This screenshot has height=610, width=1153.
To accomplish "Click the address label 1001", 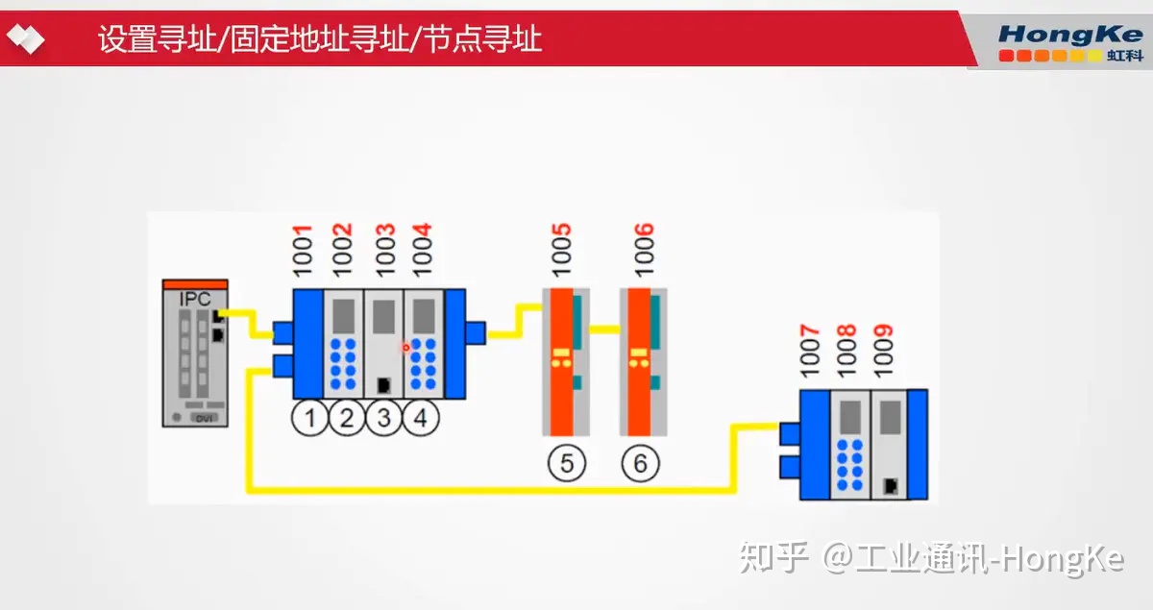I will [x=303, y=252].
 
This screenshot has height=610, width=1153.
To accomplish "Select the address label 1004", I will [x=422, y=252].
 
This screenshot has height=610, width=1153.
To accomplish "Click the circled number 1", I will [x=310, y=419].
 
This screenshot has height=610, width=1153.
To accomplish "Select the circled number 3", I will [x=384, y=419].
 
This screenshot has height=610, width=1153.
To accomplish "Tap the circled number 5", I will [x=567, y=464].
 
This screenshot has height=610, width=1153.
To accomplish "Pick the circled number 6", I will [x=641, y=464].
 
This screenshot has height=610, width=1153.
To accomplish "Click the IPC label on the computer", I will [x=195, y=299].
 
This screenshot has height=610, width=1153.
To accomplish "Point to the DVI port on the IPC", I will [x=203, y=419].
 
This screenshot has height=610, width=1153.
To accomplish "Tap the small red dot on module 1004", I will [x=406, y=346].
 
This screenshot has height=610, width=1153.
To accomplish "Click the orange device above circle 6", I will [x=640, y=360].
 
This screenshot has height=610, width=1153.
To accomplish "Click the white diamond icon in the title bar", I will [x=25, y=38].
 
